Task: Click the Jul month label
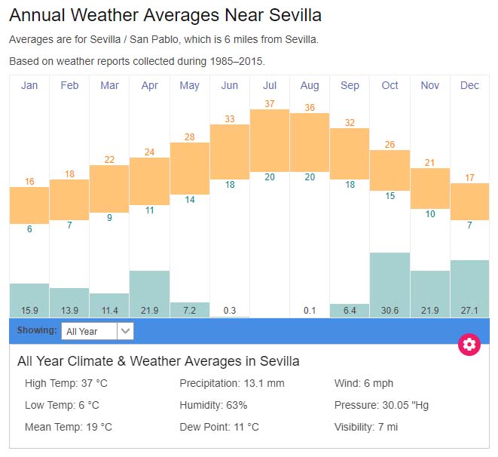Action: [270, 85]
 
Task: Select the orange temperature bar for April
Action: [149, 181]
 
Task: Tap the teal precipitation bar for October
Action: [390, 279]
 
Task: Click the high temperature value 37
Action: [270, 103]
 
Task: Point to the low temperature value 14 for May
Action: [190, 200]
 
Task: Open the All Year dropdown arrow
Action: [126, 330]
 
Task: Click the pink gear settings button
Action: [469, 345]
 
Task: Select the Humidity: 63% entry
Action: [213, 405]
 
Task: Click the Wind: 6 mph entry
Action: [364, 383]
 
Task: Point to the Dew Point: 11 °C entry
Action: [219, 427]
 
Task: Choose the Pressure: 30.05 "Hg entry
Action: [381, 405]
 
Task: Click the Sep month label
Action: [350, 85]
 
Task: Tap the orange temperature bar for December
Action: [469, 201]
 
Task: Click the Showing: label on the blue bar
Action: [37, 330]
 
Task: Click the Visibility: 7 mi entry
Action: [366, 427]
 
